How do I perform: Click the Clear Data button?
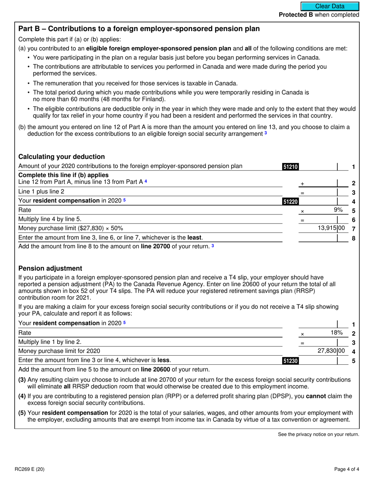pyautogui.click(x=330, y=6)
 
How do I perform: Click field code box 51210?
pyautogui.click(x=291, y=166)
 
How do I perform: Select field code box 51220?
pyautogui.click(x=291, y=202)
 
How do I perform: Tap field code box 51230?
pyautogui.click(x=291, y=360)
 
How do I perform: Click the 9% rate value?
pyautogui.click(x=338, y=210)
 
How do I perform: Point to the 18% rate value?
pyautogui.click(x=336, y=333)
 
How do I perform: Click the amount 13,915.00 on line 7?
pyautogui.click(x=331, y=228)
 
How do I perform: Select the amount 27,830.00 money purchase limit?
pyautogui.click(x=331, y=351)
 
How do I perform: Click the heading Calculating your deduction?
pyautogui.click(x=61, y=157)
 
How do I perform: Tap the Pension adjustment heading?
pyautogui.click(x=50, y=268)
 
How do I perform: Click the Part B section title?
pyautogui.click(x=139, y=29)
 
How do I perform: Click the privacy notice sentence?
pyautogui.click(x=318, y=434)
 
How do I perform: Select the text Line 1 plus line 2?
pyautogui.click(x=41, y=192)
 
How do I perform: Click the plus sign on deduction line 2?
pyautogui.click(x=302, y=184)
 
